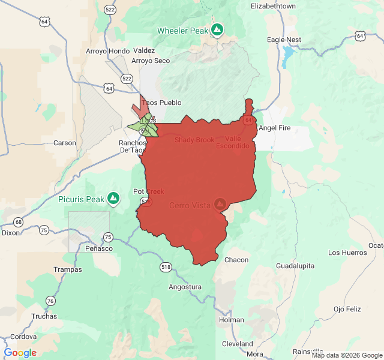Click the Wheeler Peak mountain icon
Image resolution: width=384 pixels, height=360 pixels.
click(x=217, y=29)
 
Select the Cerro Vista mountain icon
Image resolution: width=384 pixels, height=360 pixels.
click(x=220, y=205)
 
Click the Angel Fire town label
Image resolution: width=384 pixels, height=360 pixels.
click(x=277, y=128)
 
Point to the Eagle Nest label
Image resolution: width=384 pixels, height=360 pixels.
click(x=284, y=40)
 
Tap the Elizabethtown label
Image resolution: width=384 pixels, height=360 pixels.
click(x=274, y=6)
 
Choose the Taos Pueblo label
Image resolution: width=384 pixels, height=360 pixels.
click(x=161, y=103)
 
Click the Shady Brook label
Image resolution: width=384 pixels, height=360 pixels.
click(x=194, y=140)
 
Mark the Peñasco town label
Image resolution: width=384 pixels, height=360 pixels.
click(x=99, y=248)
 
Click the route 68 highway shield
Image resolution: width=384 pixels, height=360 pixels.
click(x=19, y=222)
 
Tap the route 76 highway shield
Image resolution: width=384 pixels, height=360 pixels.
click(x=50, y=301)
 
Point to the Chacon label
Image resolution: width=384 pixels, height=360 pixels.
click(x=236, y=260)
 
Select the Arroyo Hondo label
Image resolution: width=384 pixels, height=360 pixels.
click(x=107, y=51)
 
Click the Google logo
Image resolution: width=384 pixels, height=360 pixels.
click(x=20, y=353)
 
